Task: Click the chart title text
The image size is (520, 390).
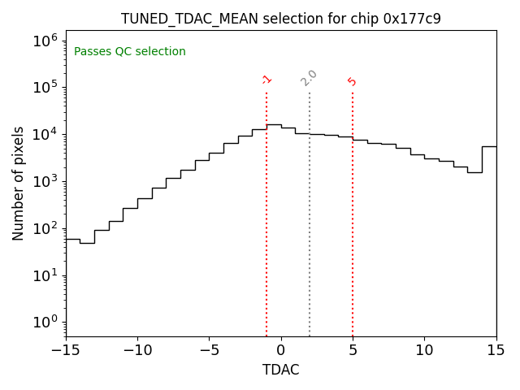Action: click(x=280, y=18)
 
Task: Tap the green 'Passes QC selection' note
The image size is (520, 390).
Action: click(x=130, y=52)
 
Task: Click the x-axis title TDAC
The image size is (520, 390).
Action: click(x=280, y=370)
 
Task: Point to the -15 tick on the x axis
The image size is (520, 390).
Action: click(x=66, y=350)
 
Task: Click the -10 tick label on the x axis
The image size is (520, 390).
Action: click(x=137, y=350)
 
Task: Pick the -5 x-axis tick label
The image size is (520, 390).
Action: click(x=209, y=350)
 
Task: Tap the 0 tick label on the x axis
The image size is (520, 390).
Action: click(x=281, y=350)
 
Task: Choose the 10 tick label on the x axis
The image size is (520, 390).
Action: click(x=424, y=350)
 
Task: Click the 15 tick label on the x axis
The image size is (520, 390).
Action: click(x=496, y=350)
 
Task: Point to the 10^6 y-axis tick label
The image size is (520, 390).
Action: click(x=45, y=41)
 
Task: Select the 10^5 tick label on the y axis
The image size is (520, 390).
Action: click(x=45, y=88)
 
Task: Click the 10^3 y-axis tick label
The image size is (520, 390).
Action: click(x=45, y=181)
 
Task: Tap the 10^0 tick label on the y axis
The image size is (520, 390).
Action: click(x=45, y=323)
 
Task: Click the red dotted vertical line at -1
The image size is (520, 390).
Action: click(x=266, y=227)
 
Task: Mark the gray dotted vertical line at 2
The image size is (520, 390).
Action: click(x=310, y=227)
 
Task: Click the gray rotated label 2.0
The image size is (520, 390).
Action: click(x=309, y=78)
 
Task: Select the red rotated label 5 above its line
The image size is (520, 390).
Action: click(x=352, y=81)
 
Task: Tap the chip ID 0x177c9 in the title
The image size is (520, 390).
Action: click(x=412, y=18)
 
